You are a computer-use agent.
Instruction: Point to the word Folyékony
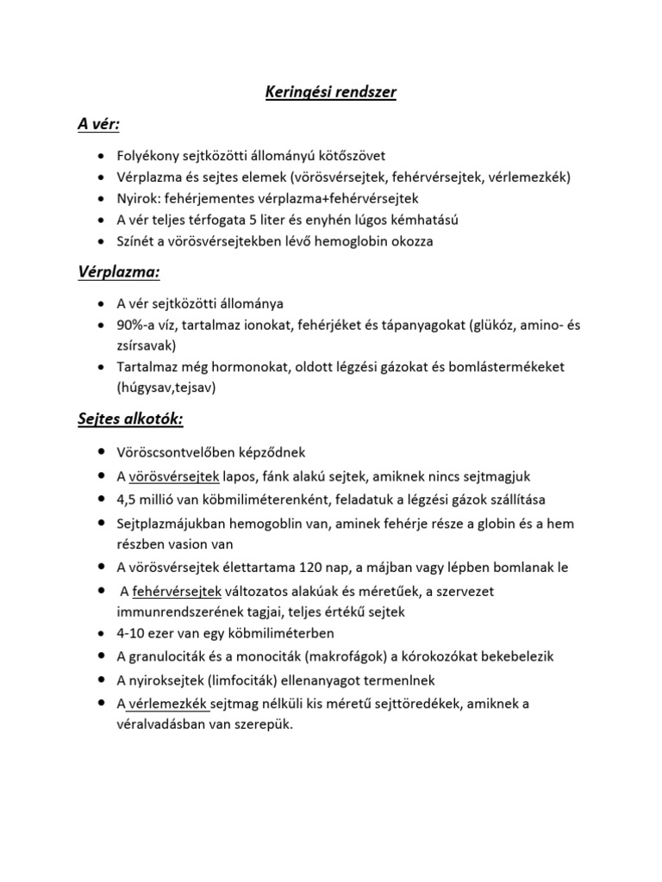pyautogui.click(x=147, y=156)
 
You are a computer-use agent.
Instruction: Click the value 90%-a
pyautogui.click(x=137, y=325)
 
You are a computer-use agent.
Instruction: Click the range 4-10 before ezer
pyautogui.click(x=132, y=632)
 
